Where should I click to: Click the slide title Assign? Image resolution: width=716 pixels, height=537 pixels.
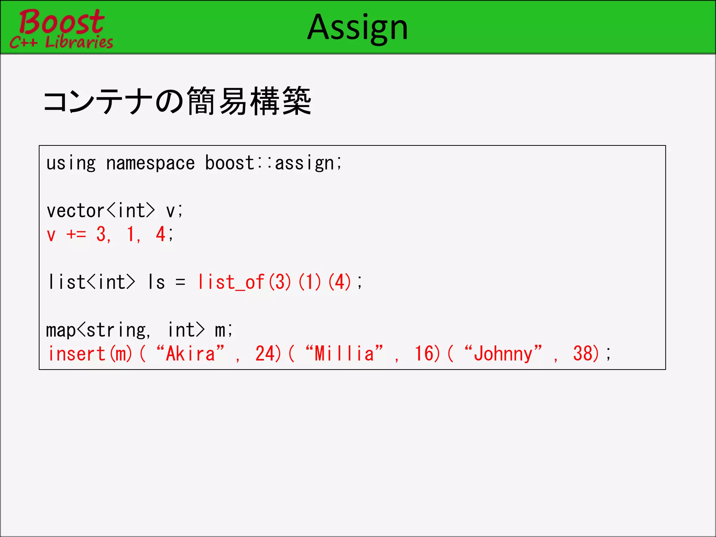pos(357,27)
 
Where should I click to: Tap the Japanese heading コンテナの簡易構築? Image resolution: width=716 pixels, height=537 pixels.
pos(177,101)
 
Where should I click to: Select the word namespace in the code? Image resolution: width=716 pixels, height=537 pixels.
pos(150,163)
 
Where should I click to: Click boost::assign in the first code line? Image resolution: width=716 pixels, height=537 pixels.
pos(273,163)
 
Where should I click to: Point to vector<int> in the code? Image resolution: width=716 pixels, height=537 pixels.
pos(101,211)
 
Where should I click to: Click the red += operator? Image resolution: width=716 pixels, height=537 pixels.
pos(76,234)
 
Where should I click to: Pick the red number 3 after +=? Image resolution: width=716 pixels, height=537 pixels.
pos(101,234)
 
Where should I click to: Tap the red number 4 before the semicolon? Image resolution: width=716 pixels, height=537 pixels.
pos(160,234)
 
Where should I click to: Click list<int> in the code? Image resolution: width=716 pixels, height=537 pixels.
pos(92,282)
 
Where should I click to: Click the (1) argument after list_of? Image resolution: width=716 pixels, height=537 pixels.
pos(310,282)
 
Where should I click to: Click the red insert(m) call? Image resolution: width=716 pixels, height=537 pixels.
pos(90,353)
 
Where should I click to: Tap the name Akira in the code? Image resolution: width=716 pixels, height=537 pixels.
pos(190,353)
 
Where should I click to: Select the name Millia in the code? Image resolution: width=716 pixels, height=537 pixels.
pos(344,353)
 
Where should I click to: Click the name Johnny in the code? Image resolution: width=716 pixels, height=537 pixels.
pos(503,353)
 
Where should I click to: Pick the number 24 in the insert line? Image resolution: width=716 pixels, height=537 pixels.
pos(265,353)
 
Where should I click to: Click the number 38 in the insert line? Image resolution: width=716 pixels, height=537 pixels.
pos(583,353)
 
